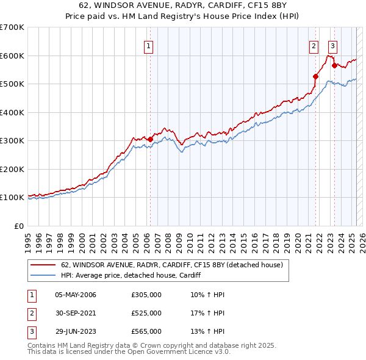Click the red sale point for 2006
tap(150, 139)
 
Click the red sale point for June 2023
tap(334, 65)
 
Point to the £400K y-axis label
tap(12, 112)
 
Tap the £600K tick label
tap(12, 56)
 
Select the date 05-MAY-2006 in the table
tap(76, 295)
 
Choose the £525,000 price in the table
tap(146, 313)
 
